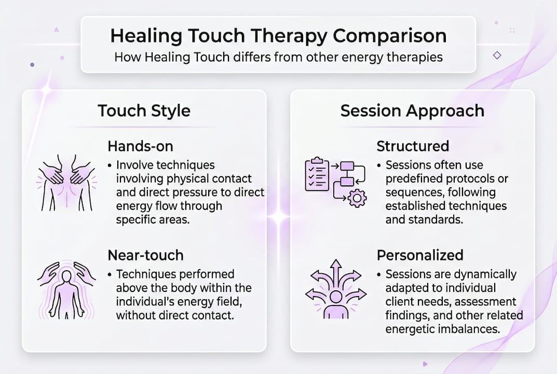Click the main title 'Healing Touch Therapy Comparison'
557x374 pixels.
(x=278, y=36)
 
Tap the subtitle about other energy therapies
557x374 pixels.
(x=278, y=57)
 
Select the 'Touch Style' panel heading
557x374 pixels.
(x=144, y=111)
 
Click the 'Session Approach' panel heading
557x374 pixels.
(x=412, y=111)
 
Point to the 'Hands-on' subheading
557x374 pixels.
(x=140, y=146)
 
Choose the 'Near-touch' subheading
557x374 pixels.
(x=145, y=255)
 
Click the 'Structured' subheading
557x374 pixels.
(x=413, y=146)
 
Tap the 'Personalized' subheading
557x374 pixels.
(x=420, y=255)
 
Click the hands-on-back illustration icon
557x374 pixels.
(x=66, y=182)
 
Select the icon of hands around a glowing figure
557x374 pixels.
(x=66, y=290)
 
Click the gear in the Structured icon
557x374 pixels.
(x=357, y=198)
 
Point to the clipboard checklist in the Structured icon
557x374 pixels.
(x=317, y=174)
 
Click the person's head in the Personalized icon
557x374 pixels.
(x=336, y=296)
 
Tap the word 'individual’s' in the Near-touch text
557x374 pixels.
(x=145, y=301)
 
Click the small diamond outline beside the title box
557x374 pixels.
(x=497, y=55)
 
